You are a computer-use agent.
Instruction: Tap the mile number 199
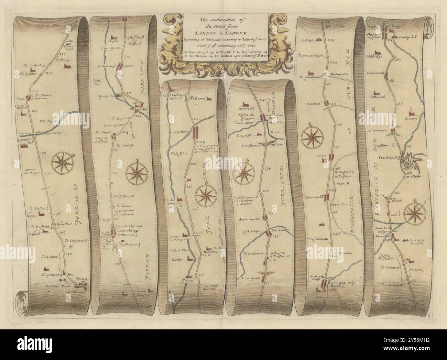[x=43, y=153]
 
